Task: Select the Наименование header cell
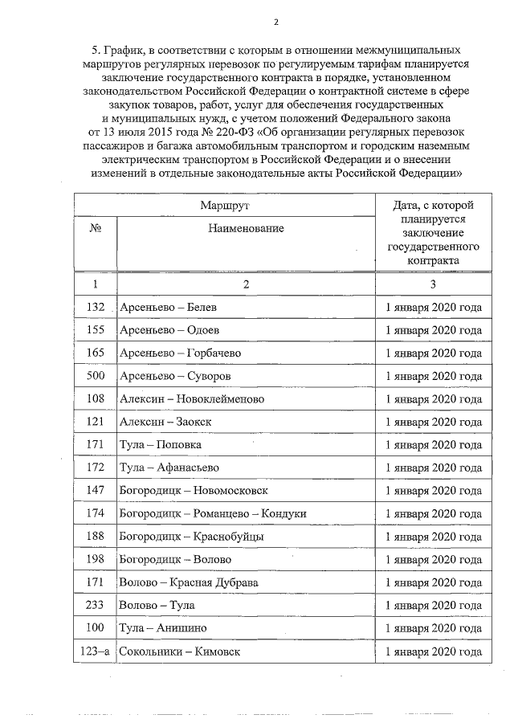tap(246, 229)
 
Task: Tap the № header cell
tap(95, 229)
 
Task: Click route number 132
tap(96, 307)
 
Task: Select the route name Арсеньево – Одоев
tap(169, 330)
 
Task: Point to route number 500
tap(96, 376)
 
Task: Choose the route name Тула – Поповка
tap(160, 445)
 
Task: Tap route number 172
tap(96, 468)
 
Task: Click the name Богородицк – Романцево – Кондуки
tap(212, 513)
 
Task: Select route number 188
tap(96, 537)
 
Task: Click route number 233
tap(96, 605)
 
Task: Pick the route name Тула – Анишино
tap(162, 628)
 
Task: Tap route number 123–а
tap(96, 651)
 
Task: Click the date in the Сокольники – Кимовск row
tap(434, 651)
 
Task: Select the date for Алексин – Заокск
tap(434, 422)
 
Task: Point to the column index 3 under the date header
tap(433, 284)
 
